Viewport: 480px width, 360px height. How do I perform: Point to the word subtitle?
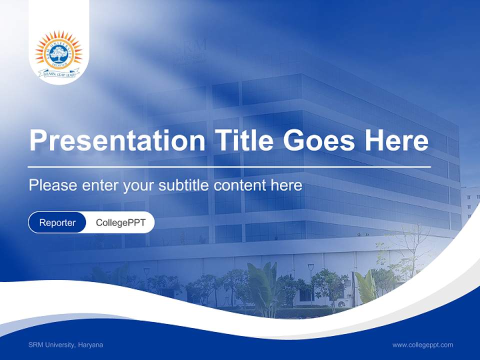pyautogui.click(x=184, y=185)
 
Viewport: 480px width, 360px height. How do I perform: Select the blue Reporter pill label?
pyautogui.click(x=57, y=222)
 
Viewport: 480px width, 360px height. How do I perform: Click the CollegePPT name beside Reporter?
pyautogui.click(x=120, y=222)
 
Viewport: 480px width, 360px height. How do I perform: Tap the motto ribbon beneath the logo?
pyautogui.click(x=58, y=74)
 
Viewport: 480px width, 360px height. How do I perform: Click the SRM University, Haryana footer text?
pyautogui.click(x=65, y=345)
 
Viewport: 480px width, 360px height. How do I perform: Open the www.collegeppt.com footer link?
pyautogui.click(x=422, y=345)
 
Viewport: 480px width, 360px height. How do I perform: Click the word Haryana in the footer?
pyautogui.click(x=90, y=345)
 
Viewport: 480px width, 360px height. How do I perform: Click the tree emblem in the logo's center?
pyautogui.click(x=58, y=52)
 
